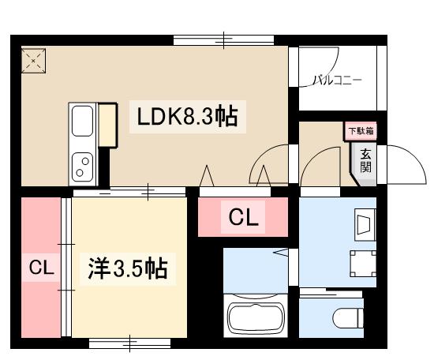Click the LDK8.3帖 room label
188,118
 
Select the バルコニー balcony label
337,80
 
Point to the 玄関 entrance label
366,160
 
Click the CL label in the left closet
41,268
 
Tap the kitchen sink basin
83,122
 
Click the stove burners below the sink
83,165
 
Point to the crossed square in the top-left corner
34,61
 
